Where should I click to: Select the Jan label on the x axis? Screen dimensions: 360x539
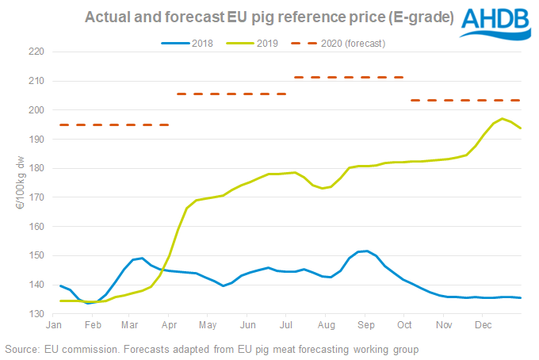(55, 326)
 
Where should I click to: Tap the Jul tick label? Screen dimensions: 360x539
(288, 326)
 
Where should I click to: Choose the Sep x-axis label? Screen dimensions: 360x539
(365, 326)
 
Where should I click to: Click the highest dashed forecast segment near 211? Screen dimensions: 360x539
(349, 77)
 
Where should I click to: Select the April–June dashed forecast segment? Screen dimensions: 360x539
(231, 94)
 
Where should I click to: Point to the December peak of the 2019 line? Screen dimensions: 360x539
(503, 119)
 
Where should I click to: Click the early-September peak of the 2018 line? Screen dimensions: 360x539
(362, 251)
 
